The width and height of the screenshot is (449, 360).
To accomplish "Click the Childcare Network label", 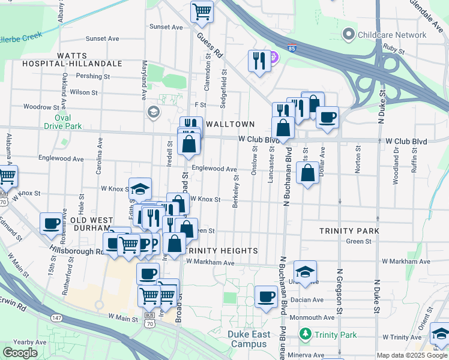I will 392,35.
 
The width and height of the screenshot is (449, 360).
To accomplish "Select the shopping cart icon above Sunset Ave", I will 202,11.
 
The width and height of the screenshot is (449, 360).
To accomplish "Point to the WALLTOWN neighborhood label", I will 232,122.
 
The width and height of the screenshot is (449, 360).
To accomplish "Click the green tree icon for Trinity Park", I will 306,334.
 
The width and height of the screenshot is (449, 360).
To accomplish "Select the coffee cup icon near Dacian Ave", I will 266,296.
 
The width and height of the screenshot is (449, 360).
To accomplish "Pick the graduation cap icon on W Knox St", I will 140,189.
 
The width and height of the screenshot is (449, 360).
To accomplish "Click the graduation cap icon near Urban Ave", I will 306,272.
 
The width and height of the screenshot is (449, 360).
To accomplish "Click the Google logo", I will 20,353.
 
